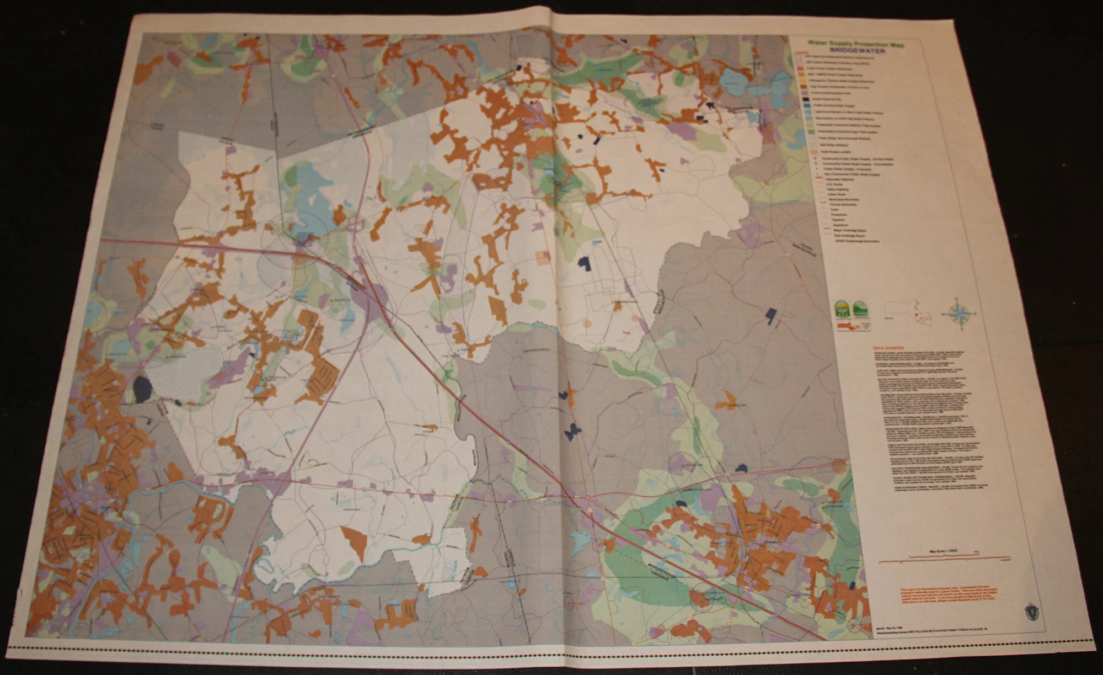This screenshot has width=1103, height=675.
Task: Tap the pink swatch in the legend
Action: (799, 73)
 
